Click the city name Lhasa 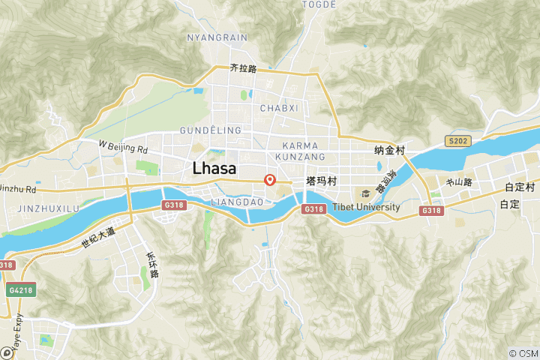pyautogui.click(x=214, y=168)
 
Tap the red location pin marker pyautogui.click(x=271, y=180)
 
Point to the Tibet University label pyautogui.click(x=366, y=207)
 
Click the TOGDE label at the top pyautogui.click(x=318, y=4)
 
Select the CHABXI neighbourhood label pyautogui.click(x=279, y=108)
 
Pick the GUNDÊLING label pyautogui.click(x=211, y=130)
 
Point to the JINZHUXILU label pyautogui.click(x=48, y=208)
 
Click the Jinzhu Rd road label pyautogui.click(x=17, y=189)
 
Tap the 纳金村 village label pyautogui.click(x=389, y=151)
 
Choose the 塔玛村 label pyautogui.click(x=320, y=181)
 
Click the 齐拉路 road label pyautogui.click(x=244, y=68)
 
